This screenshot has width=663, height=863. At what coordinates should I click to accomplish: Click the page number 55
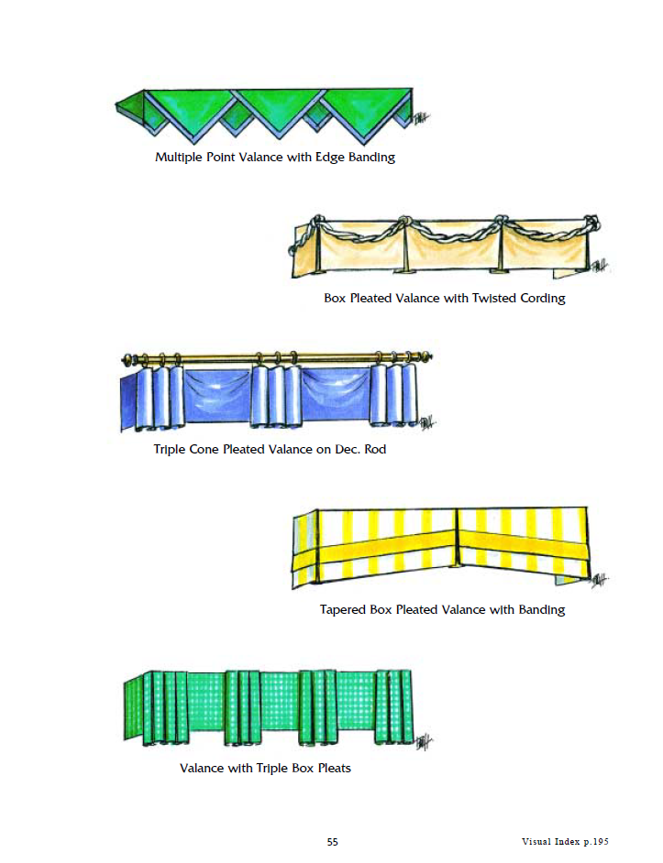[332, 842]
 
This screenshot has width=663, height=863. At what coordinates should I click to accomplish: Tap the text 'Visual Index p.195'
[565, 842]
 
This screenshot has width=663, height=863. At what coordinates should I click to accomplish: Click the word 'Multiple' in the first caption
[179, 158]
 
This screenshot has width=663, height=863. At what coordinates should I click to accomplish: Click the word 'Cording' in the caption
[543, 299]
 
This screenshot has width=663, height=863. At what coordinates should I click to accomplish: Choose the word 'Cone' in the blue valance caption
[204, 450]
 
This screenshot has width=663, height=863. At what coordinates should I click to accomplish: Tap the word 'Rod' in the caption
[375, 450]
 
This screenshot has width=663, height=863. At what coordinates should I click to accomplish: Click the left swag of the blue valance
[219, 394]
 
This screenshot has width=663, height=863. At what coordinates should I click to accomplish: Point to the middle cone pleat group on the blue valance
[277, 395]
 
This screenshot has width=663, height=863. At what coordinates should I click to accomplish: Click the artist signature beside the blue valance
[427, 422]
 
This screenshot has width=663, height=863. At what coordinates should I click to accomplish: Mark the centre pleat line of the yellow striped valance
[457, 537]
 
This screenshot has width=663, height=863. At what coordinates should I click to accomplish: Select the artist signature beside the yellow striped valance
[599, 580]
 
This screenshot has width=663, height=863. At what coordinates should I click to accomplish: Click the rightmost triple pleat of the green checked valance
[393, 708]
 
